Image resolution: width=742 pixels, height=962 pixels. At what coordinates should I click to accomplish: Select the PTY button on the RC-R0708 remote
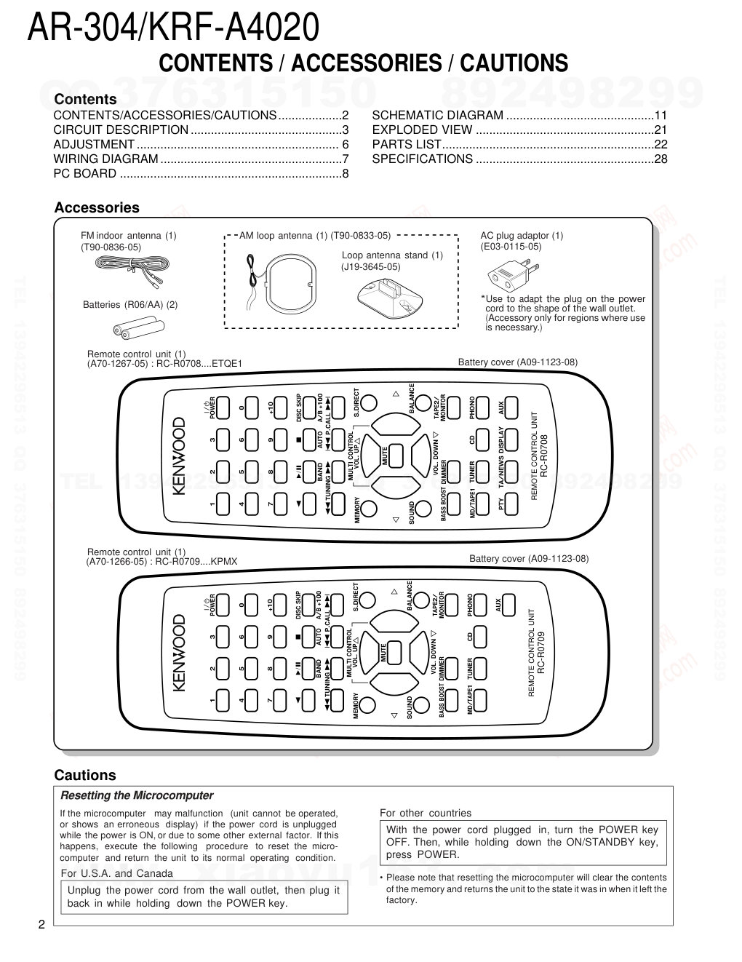tap(511, 502)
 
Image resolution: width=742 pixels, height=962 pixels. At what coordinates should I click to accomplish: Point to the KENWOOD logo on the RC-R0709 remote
tap(180, 653)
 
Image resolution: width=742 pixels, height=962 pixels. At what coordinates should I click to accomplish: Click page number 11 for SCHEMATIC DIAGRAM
tap(661, 115)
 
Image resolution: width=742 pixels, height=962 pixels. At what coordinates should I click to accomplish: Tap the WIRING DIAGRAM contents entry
tap(106, 159)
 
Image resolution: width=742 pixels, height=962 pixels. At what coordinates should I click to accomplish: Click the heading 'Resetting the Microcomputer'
tap(137, 795)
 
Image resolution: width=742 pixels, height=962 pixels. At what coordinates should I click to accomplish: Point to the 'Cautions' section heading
tap(85, 775)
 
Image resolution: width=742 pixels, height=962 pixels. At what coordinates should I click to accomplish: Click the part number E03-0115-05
tap(511, 247)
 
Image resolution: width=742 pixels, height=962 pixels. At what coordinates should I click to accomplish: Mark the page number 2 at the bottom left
tap(41, 926)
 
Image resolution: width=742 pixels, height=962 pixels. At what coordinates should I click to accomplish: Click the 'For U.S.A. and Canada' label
tap(117, 873)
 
